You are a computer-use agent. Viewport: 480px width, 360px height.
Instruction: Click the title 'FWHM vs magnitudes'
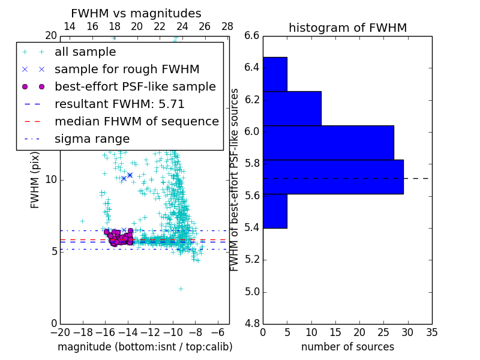tap(136, 13)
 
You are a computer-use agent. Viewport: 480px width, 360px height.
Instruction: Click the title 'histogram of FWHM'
tap(347, 28)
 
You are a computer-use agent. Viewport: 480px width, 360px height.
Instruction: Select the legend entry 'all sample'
tap(85, 52)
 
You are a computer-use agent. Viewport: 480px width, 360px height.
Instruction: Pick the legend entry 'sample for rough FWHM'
tap(127, 69)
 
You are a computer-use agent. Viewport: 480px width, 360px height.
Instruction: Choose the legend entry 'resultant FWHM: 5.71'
tap(119, 104)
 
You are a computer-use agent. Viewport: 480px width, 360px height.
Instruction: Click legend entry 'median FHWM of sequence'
tap(136, 121)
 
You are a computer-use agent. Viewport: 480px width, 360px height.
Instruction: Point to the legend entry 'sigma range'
tap(92, 139)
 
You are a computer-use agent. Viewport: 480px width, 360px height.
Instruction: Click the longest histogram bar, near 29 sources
tap(333, 177)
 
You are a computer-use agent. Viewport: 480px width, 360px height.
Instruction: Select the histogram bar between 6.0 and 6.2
tap(328, 143)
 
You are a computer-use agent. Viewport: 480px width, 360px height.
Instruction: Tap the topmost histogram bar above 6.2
tap(275, 74)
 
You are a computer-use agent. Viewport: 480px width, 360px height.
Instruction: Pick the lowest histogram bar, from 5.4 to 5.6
tap(275, 211)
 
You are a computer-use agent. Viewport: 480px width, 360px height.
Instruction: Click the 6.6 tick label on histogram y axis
tap(252, 35)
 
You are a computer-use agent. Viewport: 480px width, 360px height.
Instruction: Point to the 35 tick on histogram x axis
tap(431, 332)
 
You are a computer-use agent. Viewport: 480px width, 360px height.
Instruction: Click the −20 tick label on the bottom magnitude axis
tap(59, 332)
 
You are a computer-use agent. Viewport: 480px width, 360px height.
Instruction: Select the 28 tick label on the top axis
tap(227, 27)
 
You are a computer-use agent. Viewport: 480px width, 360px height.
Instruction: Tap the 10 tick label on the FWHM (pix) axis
tap(50, 179)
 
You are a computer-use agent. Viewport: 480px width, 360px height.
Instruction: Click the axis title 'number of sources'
tap(347, 347)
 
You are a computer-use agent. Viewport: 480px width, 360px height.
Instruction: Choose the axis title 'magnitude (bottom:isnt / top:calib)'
tap(145, 347)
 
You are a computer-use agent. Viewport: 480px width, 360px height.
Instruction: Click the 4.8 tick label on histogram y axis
tap(252, 323)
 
